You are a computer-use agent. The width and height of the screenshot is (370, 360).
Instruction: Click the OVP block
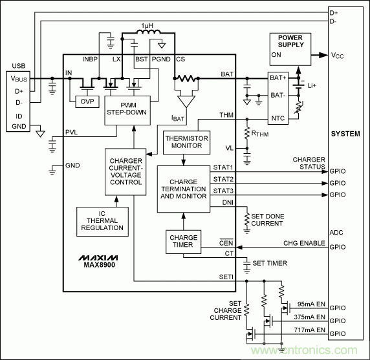[85, 102]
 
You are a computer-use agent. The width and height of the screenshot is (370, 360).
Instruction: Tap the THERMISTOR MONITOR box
[184, 142]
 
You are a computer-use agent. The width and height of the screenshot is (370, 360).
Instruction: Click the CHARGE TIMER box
[183, 241]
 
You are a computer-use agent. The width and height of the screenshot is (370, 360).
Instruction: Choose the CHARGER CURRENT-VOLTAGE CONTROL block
[126, 172]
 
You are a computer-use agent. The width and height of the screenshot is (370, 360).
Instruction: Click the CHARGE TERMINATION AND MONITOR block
[183, 189]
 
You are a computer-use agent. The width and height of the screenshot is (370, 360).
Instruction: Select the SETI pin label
[224, 277]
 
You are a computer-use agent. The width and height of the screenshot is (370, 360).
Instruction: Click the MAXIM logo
[95, 257]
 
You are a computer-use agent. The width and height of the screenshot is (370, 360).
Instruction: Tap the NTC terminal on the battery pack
[277, 118]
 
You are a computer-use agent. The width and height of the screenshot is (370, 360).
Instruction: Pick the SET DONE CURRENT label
[267, 220]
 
